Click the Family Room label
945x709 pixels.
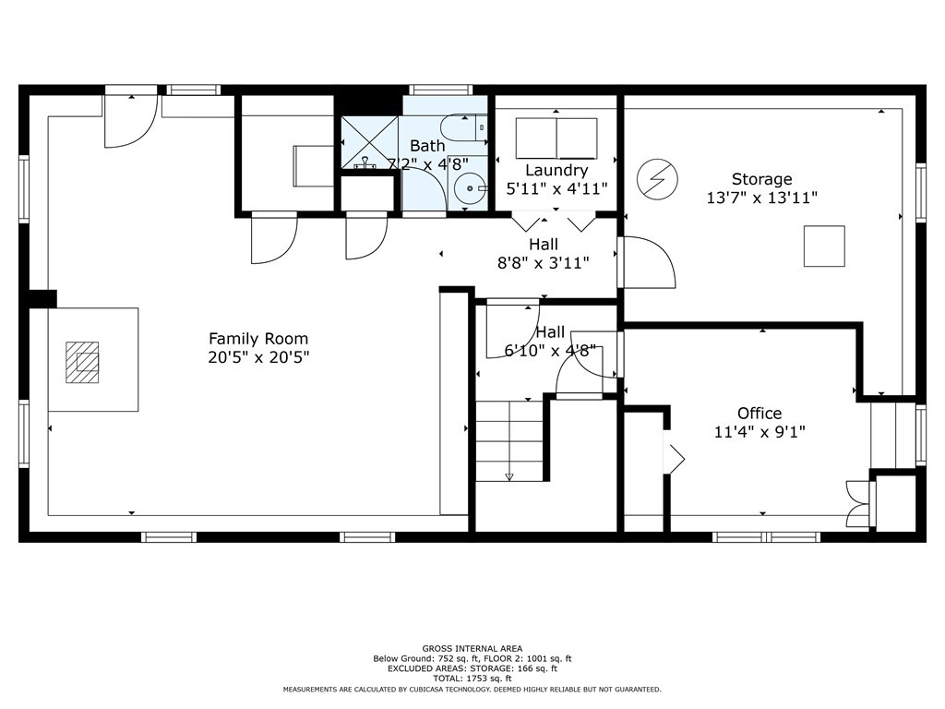point(258,339)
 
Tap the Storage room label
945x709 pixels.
point(761,179)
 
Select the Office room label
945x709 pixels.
point(760,413)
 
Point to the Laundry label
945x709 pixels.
point(556,171)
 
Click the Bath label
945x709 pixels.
point(427,146)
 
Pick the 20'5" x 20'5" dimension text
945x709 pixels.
point(258,357)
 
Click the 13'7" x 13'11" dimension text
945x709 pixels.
point(761,198)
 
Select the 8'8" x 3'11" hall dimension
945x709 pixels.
point(543,263)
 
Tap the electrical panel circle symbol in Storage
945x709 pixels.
point(657,179)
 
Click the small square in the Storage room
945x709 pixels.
point(824,246)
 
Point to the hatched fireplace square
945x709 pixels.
point(82,362)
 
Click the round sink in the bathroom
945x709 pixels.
point(470,188)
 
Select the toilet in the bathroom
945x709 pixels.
point(464,127)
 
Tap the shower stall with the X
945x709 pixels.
point(370,142)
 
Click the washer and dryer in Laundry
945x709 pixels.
point(556,138)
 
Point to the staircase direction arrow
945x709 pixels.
point(509,477)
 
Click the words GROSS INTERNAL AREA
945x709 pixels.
point(472,649)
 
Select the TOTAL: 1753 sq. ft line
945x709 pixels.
point(472,679)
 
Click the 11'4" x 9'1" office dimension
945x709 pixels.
point(760,432)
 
